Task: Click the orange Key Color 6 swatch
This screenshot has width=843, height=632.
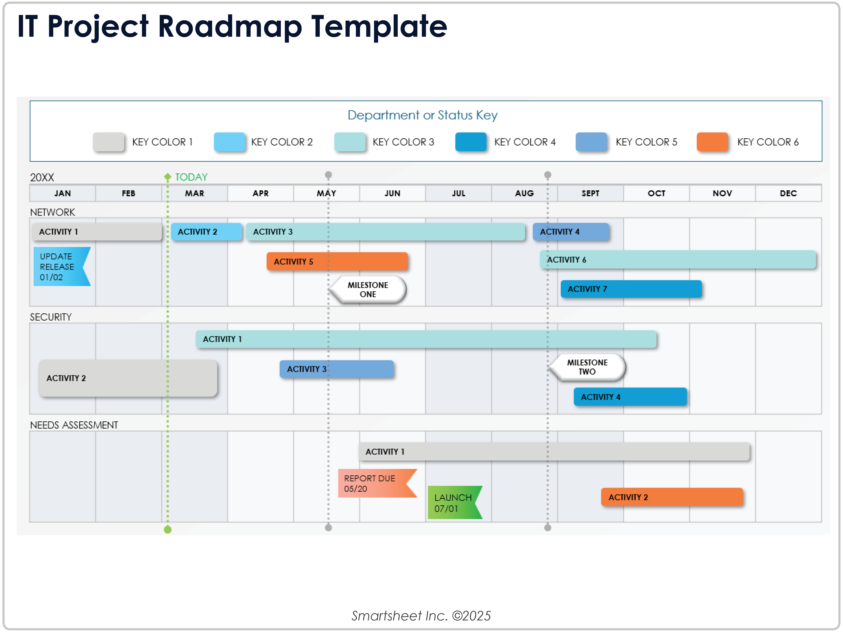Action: (712, 142)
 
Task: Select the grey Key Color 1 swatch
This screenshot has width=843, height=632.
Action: (109, 142)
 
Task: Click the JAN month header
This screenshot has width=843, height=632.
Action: (62, 193)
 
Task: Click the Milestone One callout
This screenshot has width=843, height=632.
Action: (368, 290)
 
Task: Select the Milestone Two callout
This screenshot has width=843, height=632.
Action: (587, 367)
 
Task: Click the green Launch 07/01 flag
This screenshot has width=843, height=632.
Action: (454, 502)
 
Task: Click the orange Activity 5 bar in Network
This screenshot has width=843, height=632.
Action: (337, 261)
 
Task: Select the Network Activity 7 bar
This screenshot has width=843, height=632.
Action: (631, 289)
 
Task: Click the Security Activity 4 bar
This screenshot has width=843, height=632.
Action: (630, 397)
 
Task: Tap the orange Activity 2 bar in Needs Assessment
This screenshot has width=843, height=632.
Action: (672, 497)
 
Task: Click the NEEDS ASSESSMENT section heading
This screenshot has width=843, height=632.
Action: (74, 425)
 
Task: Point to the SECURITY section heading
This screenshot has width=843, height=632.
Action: (51, 317)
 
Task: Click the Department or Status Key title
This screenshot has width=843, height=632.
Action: (422, 115)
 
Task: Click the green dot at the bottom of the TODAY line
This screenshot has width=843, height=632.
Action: (168, 529)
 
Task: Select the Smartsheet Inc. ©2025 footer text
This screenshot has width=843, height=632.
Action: (421, 616)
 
